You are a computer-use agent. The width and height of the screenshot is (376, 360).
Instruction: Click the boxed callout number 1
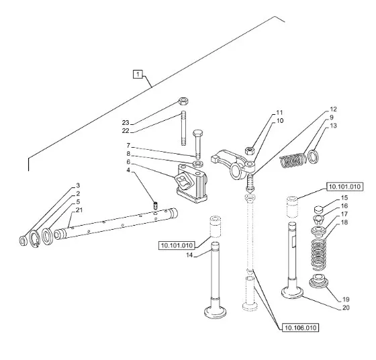(x=138, y=74)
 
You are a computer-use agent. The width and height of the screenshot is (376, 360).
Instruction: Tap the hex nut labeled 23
(x=183, y=101)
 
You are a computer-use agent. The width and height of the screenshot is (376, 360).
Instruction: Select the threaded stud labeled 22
(x=184, y=128)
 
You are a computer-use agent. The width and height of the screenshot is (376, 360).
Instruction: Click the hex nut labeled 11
(x=249, y=151)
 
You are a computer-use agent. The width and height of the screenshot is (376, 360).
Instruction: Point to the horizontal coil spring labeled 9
(x=293, y=161)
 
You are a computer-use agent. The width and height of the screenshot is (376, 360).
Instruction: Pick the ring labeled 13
(x=314, y=156)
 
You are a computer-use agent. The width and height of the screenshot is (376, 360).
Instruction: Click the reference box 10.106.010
(x=301, y=328)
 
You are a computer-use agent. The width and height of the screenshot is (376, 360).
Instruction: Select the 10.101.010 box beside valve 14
(x=177, y=245)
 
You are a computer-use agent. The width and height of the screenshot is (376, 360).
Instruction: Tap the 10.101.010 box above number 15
(x=345, y=187)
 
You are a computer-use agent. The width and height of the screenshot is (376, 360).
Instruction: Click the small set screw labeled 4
(x=156, y=206)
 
